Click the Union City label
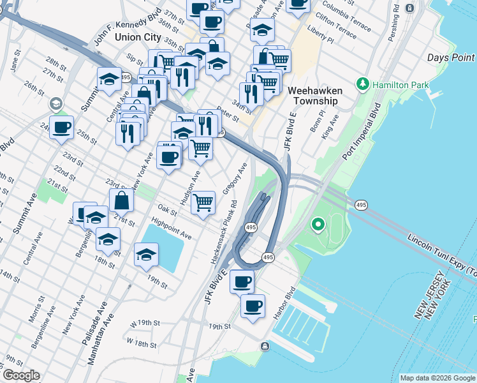(x=138, y=37)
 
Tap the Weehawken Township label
(x=315, y=96)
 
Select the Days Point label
(x=451, y=58)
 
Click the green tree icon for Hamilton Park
(x=363, y=84)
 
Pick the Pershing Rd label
(x=396, y=19)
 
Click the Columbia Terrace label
(x=346, y=15)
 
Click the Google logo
(x=20, y=375)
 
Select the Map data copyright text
(x=437, y=378)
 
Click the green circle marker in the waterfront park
(x=317, y=225)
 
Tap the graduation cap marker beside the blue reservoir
(x=147, y=253)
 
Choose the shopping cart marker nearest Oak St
(x=203, y=202)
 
